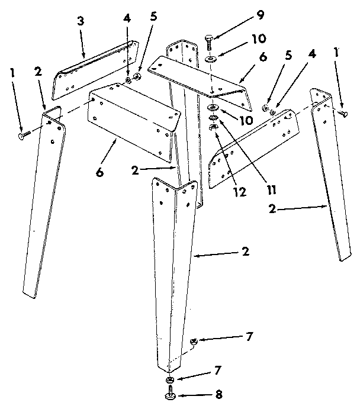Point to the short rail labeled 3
[95, 69]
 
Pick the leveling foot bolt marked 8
[170, 392]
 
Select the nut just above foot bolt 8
[169, 379]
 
